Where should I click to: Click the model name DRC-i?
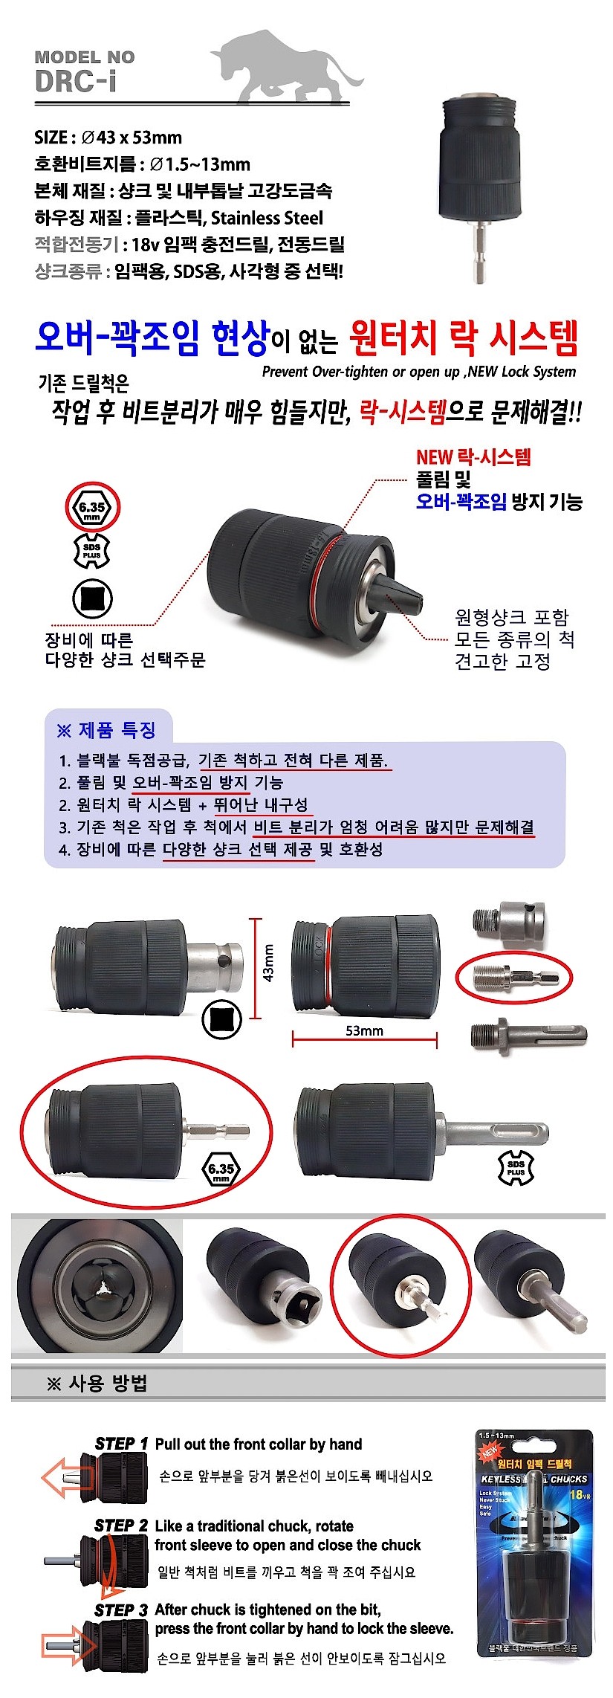(x=75, y=81)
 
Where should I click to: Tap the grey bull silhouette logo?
(x=286, y=67)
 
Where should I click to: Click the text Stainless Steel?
(x=267, y=218)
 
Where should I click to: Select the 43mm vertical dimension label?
(x=268, y=963)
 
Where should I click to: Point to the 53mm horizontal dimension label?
(x=364, y=1030)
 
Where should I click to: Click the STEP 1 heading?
(x=121, y=1443)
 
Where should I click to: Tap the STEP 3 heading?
(x=121, y=1610)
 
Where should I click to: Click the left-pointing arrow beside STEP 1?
(x=62, y=1476)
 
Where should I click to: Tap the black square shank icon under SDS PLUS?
(x=93, y=599)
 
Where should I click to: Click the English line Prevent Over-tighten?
(x=418, y=372)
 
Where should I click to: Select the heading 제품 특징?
(x=106, y=730)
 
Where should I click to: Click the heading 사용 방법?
(x=98, y=1383)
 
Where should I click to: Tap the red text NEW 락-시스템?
(x=473, y=457)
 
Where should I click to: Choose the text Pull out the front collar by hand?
(x=258, y=1444)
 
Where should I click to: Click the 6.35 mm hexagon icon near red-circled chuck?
(x=221, y=1171)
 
